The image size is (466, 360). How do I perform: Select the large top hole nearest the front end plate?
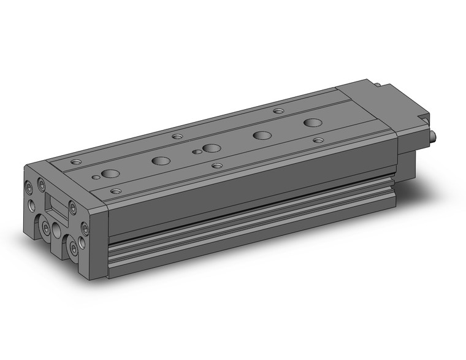click(x=110, y=173)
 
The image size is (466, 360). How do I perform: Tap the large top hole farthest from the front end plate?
click(x=312, y=122)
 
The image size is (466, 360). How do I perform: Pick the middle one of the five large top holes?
click(x=212, y=148)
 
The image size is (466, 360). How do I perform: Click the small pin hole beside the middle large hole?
click(x=196, y=151)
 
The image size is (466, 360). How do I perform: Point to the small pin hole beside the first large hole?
click(x=95, y=177)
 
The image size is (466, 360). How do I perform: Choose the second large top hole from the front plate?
click(x=161, y=161)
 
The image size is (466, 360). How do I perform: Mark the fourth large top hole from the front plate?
click(x=262, y=135)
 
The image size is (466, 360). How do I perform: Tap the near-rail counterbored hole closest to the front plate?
click(x=115, y=191)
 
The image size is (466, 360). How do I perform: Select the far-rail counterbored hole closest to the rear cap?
click(x=278, y=112)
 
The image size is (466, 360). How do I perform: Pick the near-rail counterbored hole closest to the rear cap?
click(x=318, y=140)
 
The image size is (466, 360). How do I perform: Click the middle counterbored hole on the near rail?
click(x=216, y=165)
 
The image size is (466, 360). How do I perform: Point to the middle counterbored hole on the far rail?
click(x=177, y=136)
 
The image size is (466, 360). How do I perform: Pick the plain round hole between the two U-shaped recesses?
click(x=57, y=231)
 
